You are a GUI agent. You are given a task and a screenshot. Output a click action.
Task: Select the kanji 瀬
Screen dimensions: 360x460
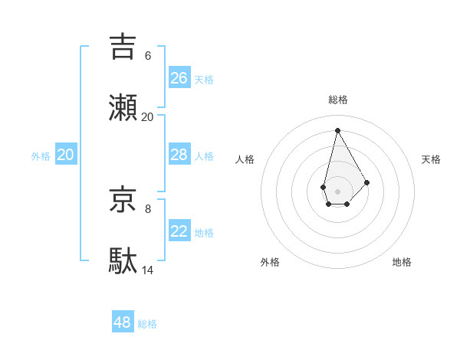[124, 107]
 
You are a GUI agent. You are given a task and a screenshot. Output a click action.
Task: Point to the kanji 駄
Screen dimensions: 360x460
[124, 260]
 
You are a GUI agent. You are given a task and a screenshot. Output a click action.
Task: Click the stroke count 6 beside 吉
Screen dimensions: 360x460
[148, 55]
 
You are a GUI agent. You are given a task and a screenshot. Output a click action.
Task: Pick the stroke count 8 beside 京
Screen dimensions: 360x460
[148, 208]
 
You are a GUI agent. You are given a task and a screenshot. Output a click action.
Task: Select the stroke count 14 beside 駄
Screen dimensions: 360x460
[148, 270]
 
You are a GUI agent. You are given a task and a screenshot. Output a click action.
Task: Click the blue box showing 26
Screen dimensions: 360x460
[179, 78]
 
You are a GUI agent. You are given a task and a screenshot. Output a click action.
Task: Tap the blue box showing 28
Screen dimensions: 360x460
[179, 155]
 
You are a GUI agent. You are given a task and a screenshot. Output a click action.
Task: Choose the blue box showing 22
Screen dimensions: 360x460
[179, 231]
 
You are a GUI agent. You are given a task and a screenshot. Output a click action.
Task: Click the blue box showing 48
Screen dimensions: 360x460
[123, 322]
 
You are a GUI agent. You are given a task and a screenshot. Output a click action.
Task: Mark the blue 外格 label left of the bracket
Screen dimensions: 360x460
[41, 156]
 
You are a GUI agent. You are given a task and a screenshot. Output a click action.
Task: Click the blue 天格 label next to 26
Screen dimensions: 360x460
[204, 80]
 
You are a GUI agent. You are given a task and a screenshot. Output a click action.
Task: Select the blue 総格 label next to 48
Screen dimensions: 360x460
[147, 324]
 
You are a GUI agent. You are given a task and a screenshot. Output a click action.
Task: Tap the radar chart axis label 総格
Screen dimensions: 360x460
[338, 100]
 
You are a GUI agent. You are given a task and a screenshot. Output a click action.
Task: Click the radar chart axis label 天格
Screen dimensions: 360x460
[431, 159]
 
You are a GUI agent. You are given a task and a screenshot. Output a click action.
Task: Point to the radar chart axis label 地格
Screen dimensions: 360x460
[402, 262]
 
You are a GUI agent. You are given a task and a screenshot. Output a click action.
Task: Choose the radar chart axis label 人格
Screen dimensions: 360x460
[245, 159]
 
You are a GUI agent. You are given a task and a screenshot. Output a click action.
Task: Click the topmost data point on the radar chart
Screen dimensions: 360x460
[337, 130]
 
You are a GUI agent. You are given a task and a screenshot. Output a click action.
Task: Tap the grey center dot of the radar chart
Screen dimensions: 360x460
[337, 190]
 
